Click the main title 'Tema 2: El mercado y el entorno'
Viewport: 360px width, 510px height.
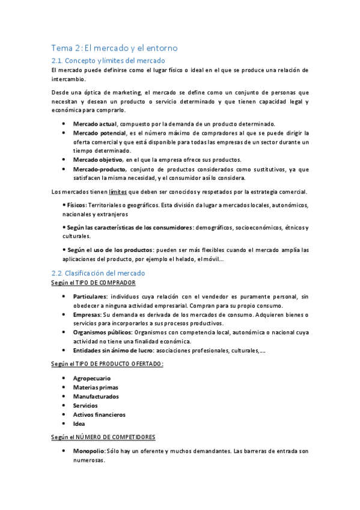(x=114, y=48)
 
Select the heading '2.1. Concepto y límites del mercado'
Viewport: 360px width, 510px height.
(x=108, y=60)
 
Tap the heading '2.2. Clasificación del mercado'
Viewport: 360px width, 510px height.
(x=98, y=273)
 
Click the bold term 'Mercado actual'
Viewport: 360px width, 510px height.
(x=95, y=123)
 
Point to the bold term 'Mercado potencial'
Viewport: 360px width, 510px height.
(x=99, y=132)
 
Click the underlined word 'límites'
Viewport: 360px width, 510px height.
(x=117, y=192)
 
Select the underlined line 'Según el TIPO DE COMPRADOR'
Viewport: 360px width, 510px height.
(x=93, y=283)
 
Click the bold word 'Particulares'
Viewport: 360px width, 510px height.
(x=90, y=296)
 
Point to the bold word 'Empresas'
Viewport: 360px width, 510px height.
(x=87, y=315)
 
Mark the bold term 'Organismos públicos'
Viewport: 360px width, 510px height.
(x=103, y=332)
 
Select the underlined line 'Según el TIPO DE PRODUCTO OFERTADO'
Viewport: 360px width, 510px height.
(x=108, y=364)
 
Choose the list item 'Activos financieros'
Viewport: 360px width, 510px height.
(x=99, y=414)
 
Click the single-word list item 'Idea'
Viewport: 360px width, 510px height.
(x=79, y=423)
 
